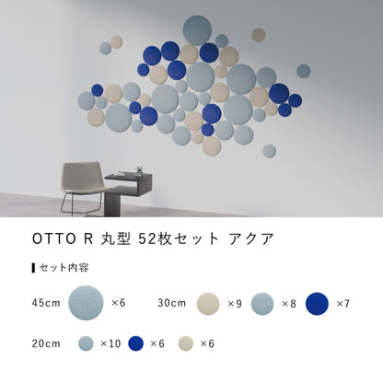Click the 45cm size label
(x=46, y=302)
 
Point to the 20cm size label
(x=46, y=343)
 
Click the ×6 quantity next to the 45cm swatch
(x=118, y=302)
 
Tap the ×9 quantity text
(x=234, y=302)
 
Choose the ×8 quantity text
(x=288, y=302)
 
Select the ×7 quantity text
(x=342, y=302)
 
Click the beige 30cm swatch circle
(x=208, y=302)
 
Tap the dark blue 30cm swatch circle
(x=317, y=302)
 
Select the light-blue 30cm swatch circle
(x=262, y=302)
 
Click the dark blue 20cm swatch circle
(x=136, y=343)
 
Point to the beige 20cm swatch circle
(x=184, y=343)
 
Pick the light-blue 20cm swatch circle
(x=86, y=343)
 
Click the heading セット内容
(x=64, y=268)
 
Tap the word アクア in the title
(x=254, y=238)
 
